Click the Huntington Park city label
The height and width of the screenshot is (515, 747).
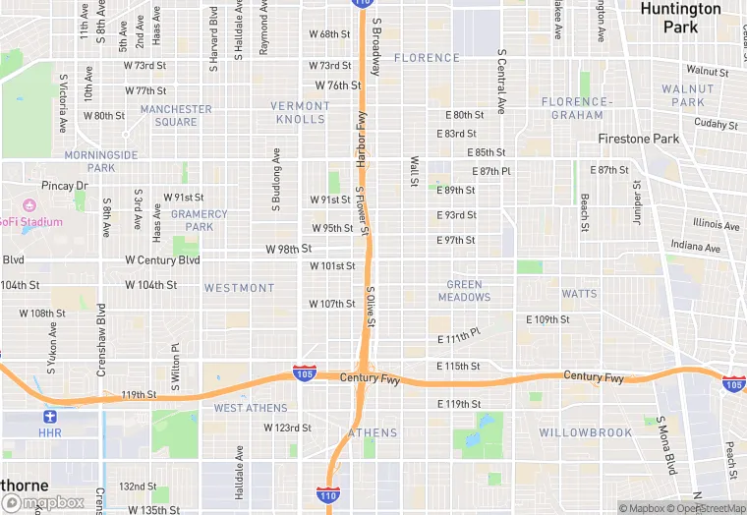(x=680, y=18)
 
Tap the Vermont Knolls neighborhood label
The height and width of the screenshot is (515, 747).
(x=300, y=112)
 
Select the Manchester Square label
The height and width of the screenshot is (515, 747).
(x=176, y=115)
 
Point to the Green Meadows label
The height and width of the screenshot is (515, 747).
(x=464, y=291)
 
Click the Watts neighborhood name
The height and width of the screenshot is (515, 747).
(x=579, y=293)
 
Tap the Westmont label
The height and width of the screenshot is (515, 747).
(x=239, y=288)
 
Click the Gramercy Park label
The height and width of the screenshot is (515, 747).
(x=200, y=220)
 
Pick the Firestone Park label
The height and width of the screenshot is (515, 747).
(x=639, y=139)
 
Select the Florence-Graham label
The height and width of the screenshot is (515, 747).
(x=577, y=108)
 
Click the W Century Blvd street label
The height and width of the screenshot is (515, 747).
(x=162, y=260)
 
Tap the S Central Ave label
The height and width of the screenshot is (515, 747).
(x=501, y=81)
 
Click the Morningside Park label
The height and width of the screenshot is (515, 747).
(x=101, y=161)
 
